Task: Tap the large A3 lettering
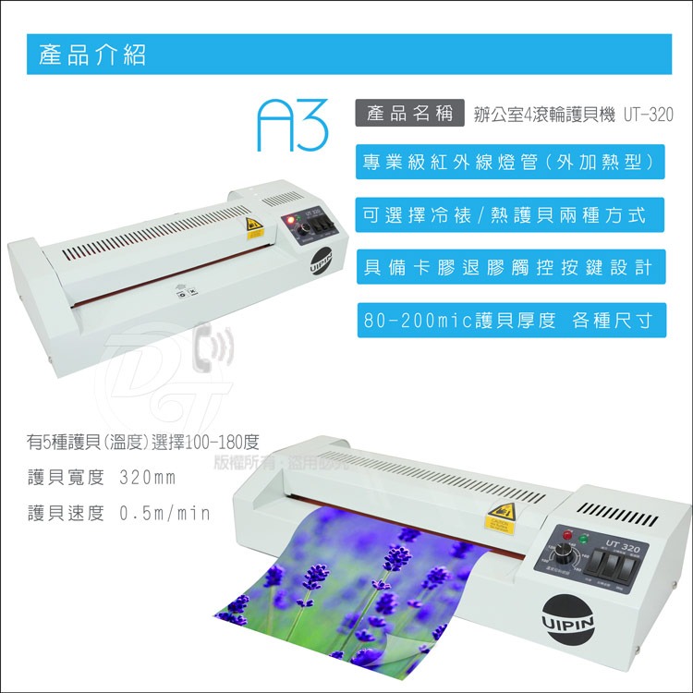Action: tap(294, 125)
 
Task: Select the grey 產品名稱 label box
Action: tap(409, 115)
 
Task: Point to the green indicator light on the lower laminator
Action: tap(580, 537)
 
